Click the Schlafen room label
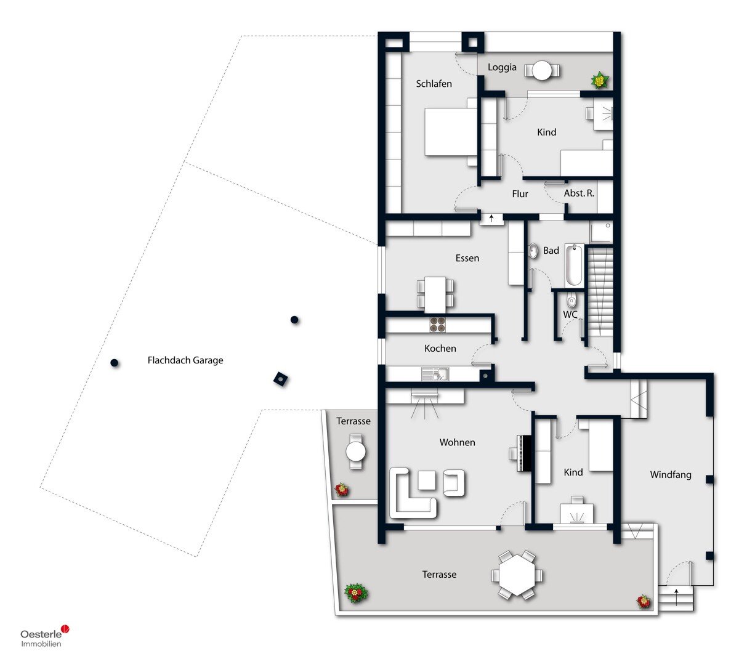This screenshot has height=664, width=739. (434, 84)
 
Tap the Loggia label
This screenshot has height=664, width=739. (502, 68)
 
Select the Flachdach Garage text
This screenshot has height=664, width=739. (185, 360)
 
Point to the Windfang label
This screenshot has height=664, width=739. (671, 475)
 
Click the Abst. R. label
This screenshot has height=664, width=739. (579, 193)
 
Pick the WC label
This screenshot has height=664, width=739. (570, 315)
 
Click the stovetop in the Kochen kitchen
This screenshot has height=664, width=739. (437, 325)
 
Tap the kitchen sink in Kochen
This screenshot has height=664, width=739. (435, 374)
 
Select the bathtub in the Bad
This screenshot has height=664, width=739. (574, 265)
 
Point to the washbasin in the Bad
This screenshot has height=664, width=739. (533, 251)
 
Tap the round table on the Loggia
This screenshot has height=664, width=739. (542, 70)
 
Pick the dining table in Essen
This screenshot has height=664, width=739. (435, 295)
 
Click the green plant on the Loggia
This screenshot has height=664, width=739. (599, 80)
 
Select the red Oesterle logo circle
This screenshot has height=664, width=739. (65, 629)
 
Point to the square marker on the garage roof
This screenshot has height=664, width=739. (280, 379)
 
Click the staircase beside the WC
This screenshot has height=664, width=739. (600, 292)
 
